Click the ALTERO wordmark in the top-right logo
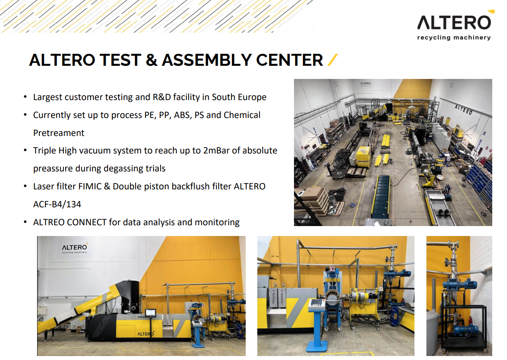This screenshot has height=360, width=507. [454, 22]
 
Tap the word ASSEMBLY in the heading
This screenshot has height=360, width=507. [206, 60]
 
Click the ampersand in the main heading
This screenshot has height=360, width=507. [152, 60]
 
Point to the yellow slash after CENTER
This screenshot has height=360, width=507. [333, 60]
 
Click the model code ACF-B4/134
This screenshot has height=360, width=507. [57, 205]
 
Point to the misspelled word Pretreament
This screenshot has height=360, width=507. [59, 133]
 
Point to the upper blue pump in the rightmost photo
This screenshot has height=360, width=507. [460, 285]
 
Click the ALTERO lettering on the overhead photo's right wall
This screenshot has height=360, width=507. [464, 110]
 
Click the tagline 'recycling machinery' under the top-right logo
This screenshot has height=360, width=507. [454, 37]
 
